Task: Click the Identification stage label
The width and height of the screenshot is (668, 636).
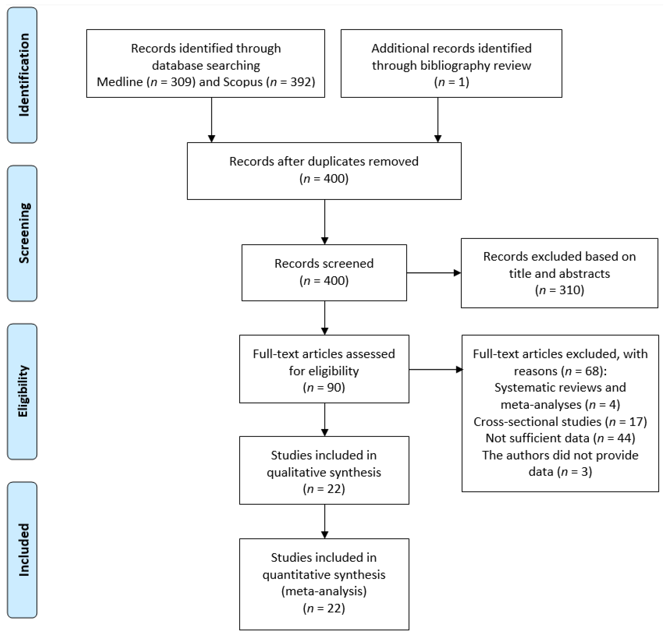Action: pos(23,75)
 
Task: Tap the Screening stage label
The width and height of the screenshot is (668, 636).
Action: pos(23,233)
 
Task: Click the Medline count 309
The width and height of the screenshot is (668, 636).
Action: pos(183,82)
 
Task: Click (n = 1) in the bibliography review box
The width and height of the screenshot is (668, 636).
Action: pos(451,82)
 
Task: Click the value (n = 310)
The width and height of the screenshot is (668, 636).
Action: pos(559,290)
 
